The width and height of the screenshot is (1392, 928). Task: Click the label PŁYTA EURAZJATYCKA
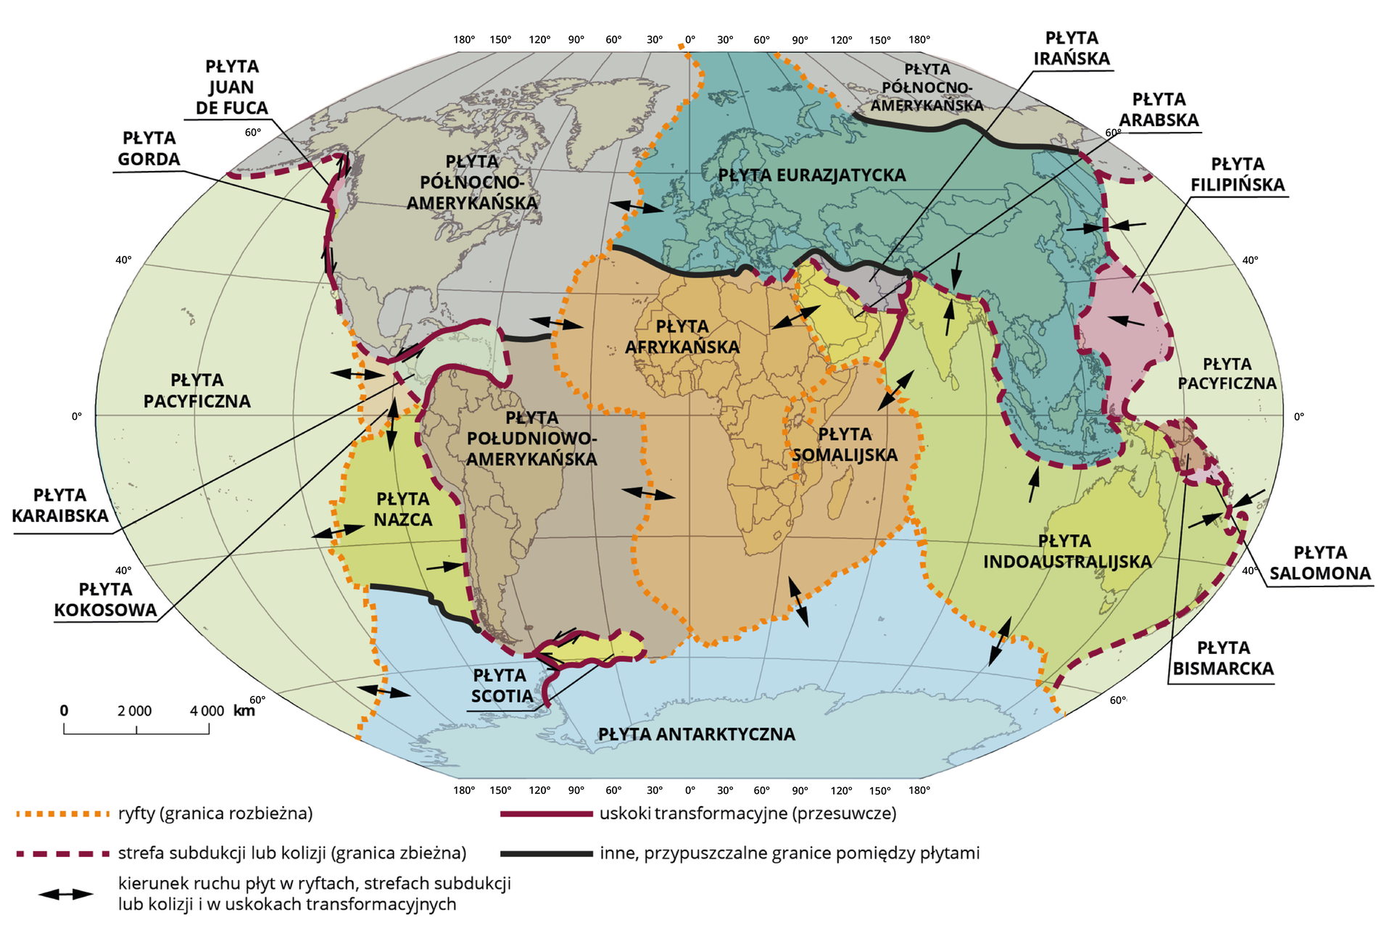(x=811, y=175)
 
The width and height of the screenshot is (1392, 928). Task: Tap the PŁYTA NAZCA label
(x=403, y=509)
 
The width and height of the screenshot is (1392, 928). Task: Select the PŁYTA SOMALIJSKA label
(x=845, y=444)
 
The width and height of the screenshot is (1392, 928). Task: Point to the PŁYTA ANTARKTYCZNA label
(x=696, y=734)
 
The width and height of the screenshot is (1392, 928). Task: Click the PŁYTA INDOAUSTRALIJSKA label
(x=1066, y=551)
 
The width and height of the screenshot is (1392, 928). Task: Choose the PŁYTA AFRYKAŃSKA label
(x=682, y=336)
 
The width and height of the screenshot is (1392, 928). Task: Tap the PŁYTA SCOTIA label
(x=500, y=686)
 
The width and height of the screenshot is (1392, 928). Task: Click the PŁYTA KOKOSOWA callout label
(x=106, y=600)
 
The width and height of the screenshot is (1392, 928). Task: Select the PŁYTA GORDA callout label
(x=149, y=149)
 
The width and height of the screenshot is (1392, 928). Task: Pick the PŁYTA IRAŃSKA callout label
(x=1071, y=49)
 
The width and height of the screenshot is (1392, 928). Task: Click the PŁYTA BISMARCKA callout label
(x=1223, y=658)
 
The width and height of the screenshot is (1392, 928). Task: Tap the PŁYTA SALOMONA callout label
(x=1319, y=563)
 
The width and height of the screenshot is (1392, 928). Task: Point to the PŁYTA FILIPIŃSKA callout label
(x=1237, y=175)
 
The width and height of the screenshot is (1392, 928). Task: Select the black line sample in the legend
(x=546, y=853)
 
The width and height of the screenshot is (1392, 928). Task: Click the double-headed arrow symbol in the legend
(x=66, y=894)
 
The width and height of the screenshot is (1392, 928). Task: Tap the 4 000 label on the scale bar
(x=207, y=711)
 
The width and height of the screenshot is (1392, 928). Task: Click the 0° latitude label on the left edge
(x=77, y=416)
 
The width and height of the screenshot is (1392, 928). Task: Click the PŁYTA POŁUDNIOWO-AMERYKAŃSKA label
(x=531, y=439)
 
